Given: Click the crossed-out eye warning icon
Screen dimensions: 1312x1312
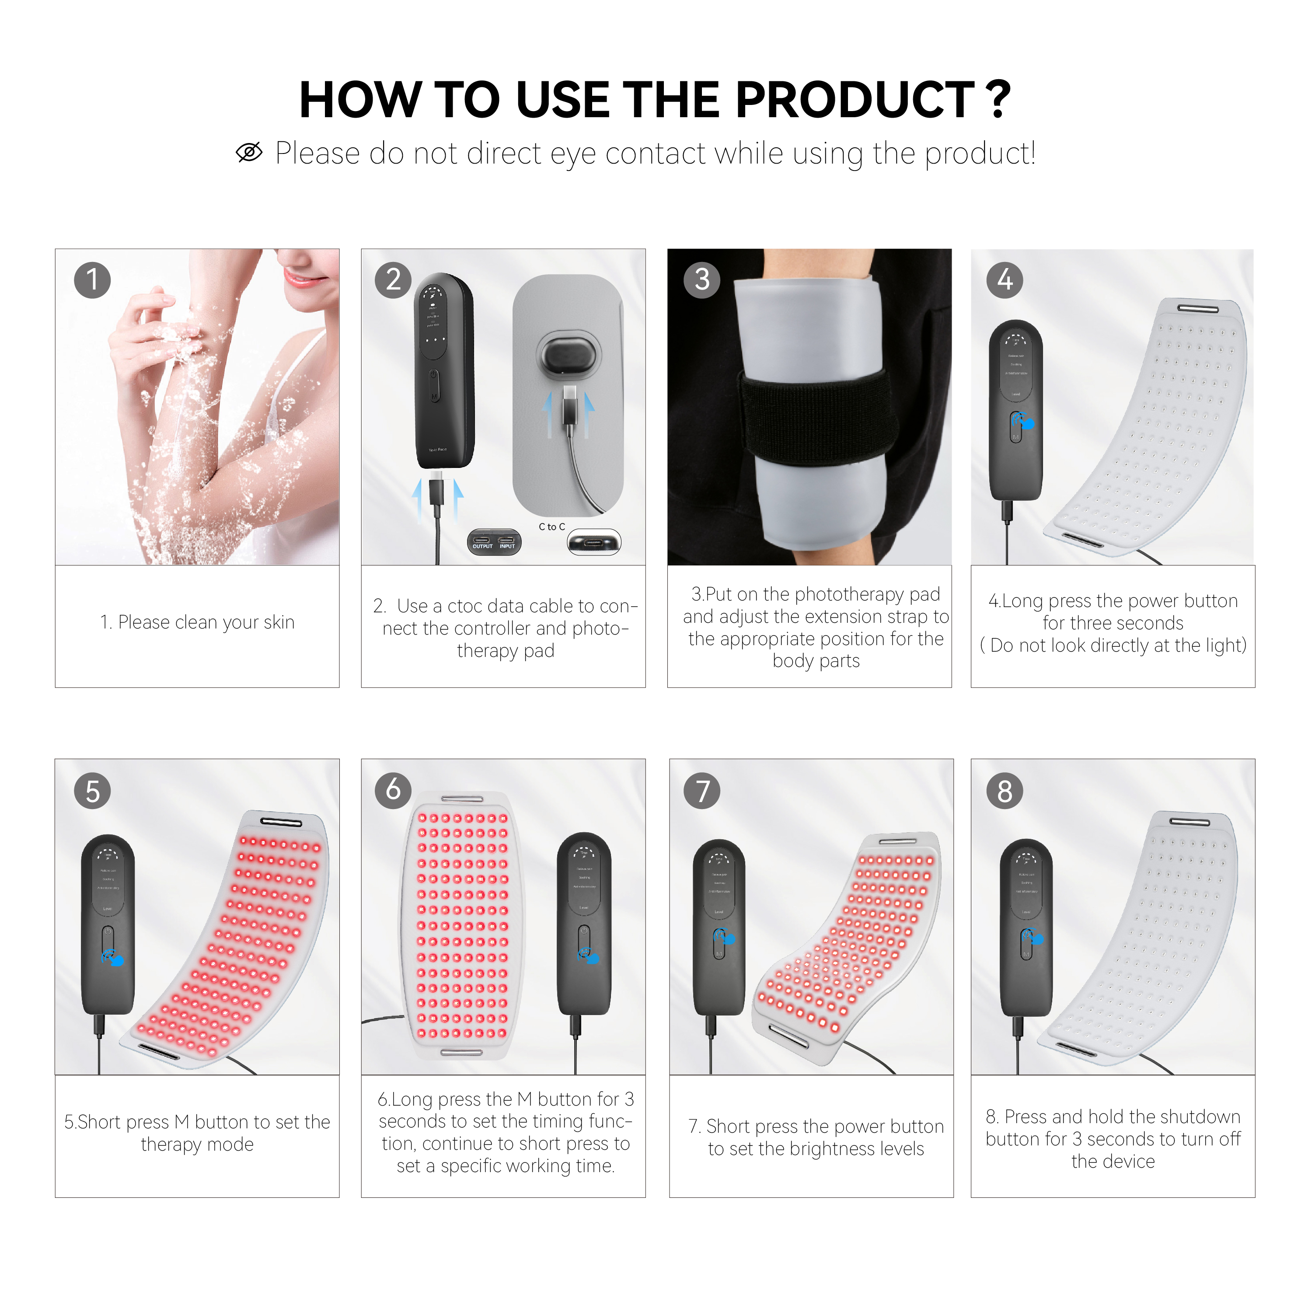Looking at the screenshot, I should [x=249, y=153].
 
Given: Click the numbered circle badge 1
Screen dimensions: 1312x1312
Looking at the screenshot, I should [x=92, y=280].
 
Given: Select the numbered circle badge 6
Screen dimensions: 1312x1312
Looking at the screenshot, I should [x=393, y=790].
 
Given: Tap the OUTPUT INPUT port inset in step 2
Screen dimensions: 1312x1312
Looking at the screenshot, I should [x=494, y=543].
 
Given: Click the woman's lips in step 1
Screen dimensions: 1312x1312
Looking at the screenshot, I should [x=297, y=278].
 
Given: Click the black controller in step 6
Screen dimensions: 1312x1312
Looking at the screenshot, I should [x=584, y=924].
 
